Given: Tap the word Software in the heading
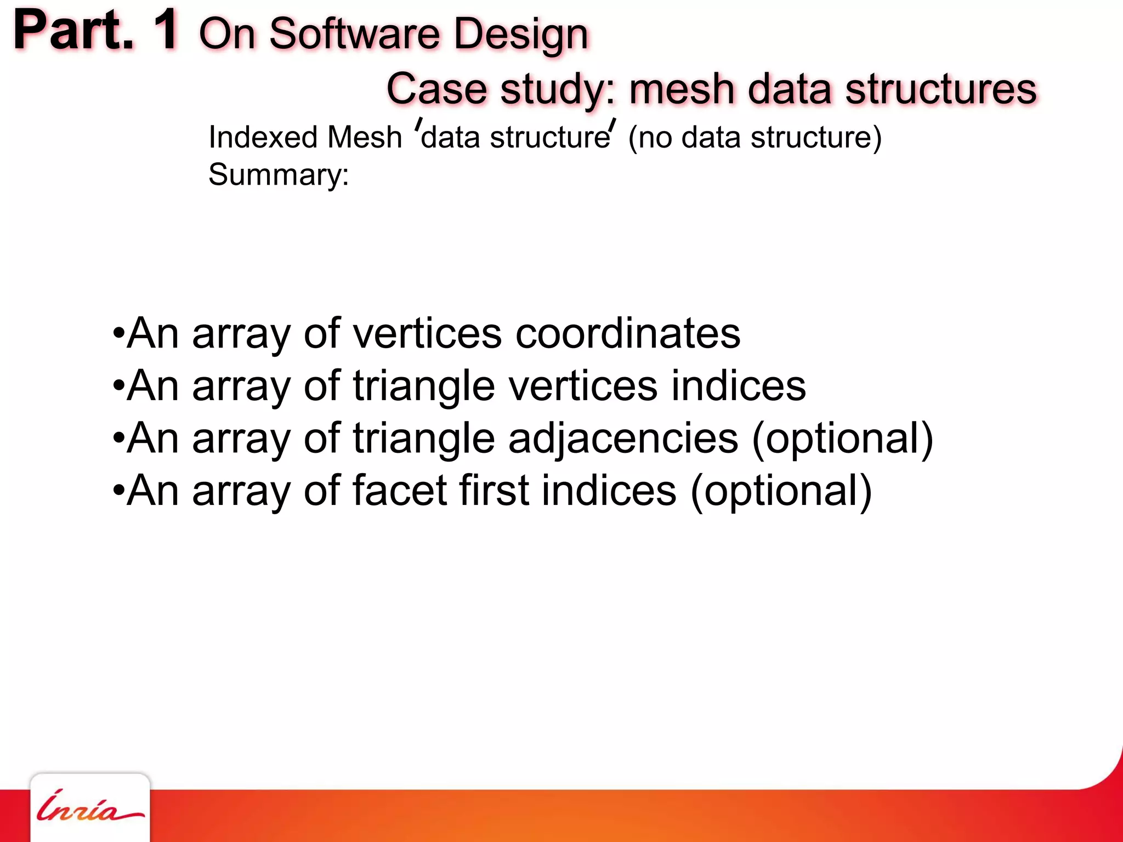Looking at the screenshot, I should (x=355, y=34).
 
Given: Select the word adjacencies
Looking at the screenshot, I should (x=623, y=439).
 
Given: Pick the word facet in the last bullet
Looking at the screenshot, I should (x=400, y=491).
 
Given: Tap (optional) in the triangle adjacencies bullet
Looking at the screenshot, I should (x=842, y=439).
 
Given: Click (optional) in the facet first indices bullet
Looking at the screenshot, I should (x=781, y=491).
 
